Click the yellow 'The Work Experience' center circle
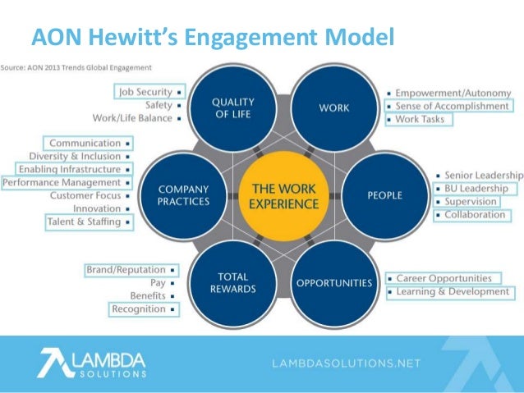[283, 195]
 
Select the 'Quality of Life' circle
[232, 108]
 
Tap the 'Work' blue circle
[333, 108]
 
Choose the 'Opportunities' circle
[333, 283]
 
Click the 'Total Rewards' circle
[232, 283]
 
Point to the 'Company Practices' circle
[182, 195]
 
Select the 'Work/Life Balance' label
[132, 118]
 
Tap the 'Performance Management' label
[62, 182]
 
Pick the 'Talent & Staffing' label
[84, 222]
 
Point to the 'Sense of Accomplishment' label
[451, 106]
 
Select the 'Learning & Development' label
[453, 291]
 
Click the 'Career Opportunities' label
[444, 278]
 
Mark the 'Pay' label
[159, 283]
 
